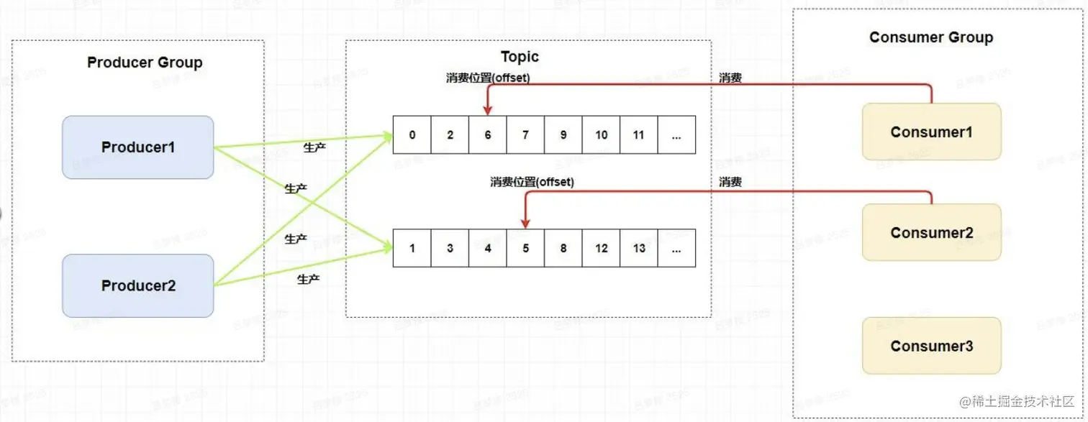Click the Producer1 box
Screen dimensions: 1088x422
137,147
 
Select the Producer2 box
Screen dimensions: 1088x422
137,285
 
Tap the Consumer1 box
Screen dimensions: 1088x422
931,132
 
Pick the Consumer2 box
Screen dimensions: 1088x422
931,232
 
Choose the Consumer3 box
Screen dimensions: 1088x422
931,346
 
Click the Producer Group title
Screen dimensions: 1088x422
145,63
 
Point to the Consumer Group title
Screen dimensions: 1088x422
930,37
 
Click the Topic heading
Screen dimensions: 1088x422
520,57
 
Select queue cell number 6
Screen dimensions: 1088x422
487,134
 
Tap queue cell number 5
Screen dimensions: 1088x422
525,248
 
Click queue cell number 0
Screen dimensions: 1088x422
412,134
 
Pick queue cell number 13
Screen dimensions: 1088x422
638,248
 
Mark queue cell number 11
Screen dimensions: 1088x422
638,134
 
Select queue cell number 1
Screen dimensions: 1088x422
412,248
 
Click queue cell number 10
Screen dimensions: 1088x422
601,134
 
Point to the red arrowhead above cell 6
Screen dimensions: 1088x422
487,110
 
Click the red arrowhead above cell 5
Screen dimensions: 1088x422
525,223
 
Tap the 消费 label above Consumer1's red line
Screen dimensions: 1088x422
730,78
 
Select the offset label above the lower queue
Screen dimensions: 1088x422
532,182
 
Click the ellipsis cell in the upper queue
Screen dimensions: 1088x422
676,134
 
